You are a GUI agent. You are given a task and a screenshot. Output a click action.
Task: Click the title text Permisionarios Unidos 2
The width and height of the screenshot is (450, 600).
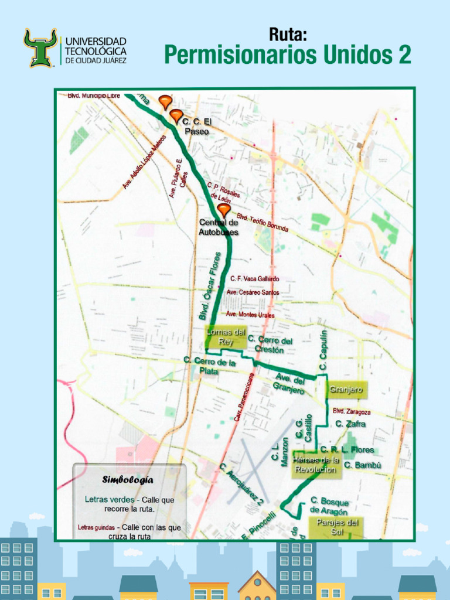pyautogui.click(x=287, y=56)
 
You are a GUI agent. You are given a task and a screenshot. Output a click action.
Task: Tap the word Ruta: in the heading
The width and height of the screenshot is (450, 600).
pyautogui.click(x=288, y=35)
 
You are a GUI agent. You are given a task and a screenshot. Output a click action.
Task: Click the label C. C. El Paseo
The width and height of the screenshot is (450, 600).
pyautogui.click(x=196, y=126)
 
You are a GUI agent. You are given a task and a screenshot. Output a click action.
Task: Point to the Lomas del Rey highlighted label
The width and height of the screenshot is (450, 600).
pyautogui.click(x=225, y=337)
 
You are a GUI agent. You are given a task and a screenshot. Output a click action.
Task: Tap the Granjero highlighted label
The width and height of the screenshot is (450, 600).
pyautogui.click(x=346, y=390)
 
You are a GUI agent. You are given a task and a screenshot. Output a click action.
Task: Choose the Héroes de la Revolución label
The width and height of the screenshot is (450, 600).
pyautogui.click(x=316, y=465)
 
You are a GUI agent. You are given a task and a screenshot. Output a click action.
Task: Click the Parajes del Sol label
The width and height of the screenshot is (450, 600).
pyautogui.click(x=337, y=526)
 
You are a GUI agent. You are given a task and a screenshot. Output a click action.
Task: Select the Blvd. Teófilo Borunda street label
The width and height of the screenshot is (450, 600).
pyautogui.click(x=262, y=221)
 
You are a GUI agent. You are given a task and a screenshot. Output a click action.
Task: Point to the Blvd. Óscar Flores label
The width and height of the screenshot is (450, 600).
pyautogui.click(x=210, y=285)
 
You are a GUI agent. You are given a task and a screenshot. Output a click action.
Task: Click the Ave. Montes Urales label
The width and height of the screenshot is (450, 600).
pyautogui.click(x=250, y=315)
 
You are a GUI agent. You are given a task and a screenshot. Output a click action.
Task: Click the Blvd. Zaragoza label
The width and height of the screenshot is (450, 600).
pyautogui.click(x=352, y=411)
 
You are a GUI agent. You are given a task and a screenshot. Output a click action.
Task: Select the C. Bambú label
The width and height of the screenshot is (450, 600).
pyautogui.click(x=363, y=465)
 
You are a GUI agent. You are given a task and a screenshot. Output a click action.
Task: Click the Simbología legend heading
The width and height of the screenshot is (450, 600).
pyautogui.click(x=128, y=480)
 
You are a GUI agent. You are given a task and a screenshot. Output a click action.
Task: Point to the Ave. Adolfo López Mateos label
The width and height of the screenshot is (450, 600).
pyautogui.click(x=144, y=162)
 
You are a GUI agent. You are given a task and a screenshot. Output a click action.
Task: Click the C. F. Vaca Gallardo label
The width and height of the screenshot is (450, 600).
pyautogui.click(x=254, y=279)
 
